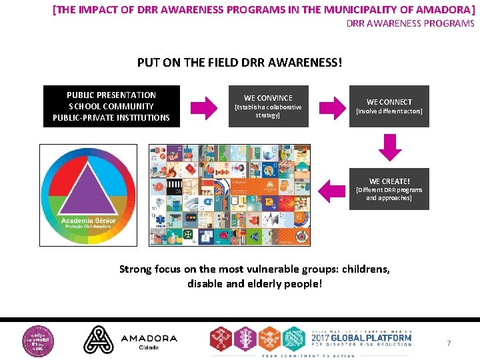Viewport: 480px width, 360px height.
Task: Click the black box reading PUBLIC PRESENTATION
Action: [111, 106]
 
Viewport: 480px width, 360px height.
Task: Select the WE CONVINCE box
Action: [268, 106]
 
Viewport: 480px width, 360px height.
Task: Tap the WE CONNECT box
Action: [389, 106]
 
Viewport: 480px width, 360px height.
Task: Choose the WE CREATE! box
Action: [389, 189]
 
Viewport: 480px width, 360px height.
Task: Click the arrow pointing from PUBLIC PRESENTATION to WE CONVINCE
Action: [205, 107]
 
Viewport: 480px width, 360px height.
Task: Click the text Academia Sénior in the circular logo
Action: [89, 221]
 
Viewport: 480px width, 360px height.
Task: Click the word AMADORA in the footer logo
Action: [149, 338]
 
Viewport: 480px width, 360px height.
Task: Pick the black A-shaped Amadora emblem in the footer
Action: [98, 339]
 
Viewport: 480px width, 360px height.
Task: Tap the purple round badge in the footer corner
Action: [39, 339]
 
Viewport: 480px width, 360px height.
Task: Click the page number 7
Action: [449, 343]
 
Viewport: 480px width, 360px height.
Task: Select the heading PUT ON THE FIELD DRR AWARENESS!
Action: [239, 63]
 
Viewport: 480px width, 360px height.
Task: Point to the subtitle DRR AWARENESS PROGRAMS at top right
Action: [410, 23]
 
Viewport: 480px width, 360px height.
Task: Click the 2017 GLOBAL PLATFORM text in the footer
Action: [360, 339]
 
